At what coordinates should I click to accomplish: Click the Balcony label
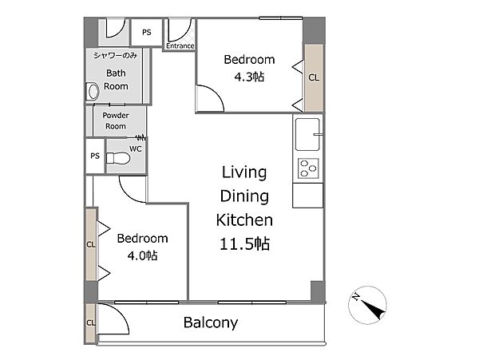(x=211, y=322)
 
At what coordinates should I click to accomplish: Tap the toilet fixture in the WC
(x=118, y=158)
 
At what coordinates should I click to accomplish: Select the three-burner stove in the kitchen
(x=308, y=168)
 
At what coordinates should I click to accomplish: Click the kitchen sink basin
(x=307, y=134)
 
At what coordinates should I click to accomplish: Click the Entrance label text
(x=180, y=45)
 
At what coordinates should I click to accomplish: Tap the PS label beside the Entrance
(x=147, y=32)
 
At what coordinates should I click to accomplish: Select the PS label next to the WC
(x=95, y=156)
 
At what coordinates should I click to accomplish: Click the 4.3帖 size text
(x=249, y=77)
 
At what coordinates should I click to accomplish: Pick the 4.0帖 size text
(x=142, y=255)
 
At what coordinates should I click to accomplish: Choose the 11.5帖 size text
(x=245, y=244)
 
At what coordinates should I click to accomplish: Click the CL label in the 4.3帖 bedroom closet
(x=314, y=77)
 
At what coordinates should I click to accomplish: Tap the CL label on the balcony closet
(x=91, y=322)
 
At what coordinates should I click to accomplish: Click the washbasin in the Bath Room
(x=93, y=91)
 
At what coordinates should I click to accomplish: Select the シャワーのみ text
(x=116, y=56)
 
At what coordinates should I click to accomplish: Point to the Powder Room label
(x=116, y=121)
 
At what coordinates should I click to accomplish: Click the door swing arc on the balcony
(x=121, y=311)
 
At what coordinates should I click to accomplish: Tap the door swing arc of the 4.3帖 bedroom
(x=217, y=93)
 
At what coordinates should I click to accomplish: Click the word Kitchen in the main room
(x=244, y=220)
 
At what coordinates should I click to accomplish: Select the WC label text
(x=136, y=148)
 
